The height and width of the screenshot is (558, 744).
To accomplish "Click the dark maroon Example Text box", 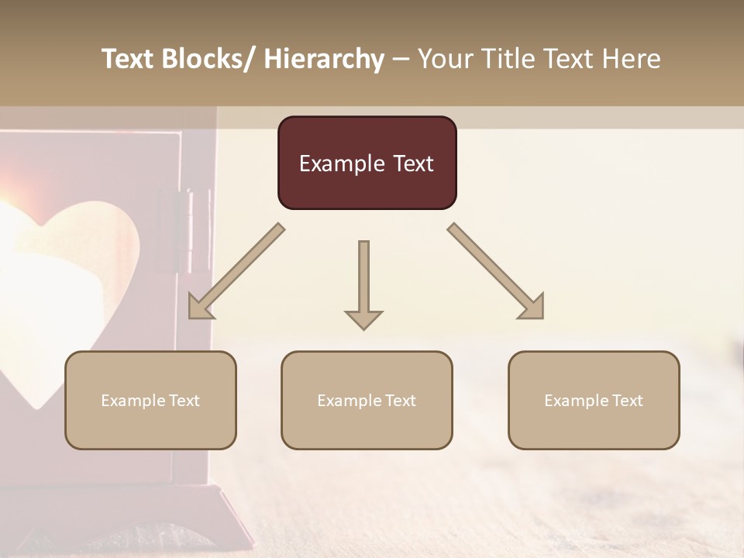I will click(x=367, y=163).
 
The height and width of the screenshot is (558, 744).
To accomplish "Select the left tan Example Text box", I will click(x=150, y=400).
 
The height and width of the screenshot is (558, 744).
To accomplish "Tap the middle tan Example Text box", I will click(x=367, y=400).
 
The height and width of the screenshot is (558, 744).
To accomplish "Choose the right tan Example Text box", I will click(x=594, y=400).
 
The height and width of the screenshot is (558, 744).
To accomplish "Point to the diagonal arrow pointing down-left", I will click(x=236, y=271).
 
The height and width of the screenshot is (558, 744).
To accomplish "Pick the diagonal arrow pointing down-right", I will click(x=495, y=271).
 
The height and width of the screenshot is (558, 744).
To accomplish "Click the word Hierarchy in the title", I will click(x=324, y=59).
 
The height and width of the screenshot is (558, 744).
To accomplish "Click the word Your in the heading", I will click(x=445, y=59).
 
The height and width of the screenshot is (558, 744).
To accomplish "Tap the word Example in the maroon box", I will click(x=342, y=164).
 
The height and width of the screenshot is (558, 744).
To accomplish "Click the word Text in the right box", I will click(x=627, y=400).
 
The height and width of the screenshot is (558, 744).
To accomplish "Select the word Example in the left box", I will click(x=133, y=400).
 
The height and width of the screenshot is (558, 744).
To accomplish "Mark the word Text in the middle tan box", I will click(x=400, y=400).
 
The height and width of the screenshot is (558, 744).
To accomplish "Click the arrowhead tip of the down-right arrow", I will click(x=541, y=316).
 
